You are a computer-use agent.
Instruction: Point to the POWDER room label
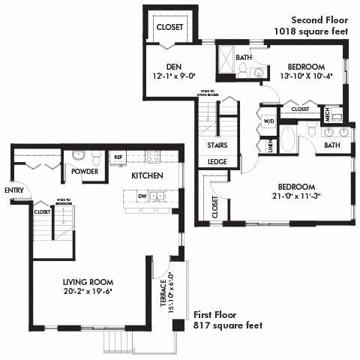click(85, 171)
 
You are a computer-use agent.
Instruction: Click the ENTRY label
click(13, 190)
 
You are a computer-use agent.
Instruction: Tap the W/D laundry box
click(268, 120)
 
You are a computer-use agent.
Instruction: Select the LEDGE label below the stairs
click(217, 161)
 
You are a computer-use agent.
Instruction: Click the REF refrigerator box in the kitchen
click(118, 157)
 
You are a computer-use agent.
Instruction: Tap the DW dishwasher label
click(142, 196)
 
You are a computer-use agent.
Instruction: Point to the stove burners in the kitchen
click(152, 157)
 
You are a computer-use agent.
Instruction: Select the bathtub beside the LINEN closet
click(288, 140)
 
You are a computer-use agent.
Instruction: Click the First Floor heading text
click(217, 315)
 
